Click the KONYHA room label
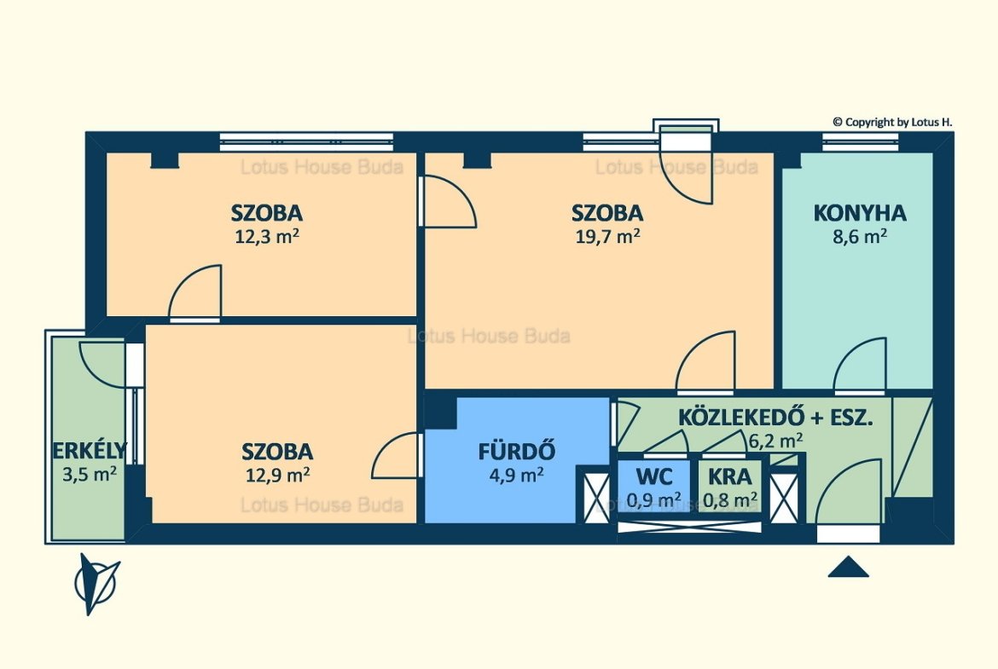860,213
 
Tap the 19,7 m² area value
608,237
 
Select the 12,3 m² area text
267,237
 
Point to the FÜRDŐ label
517,451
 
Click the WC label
654,476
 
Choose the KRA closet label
729,476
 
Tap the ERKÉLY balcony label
90,450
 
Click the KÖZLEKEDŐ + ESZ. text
775,418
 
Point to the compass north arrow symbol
96,583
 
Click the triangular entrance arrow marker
849,567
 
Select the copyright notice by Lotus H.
892,122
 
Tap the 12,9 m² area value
277,475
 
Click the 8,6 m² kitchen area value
860,237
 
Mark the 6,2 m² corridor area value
775,440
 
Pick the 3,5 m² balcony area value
89,475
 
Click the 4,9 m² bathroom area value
516,475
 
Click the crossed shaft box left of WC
596,495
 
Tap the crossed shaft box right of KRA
784,495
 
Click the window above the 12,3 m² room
307,141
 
